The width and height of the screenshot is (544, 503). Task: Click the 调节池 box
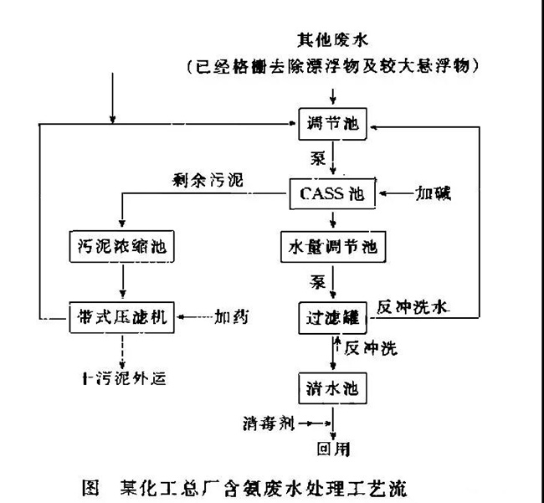[x=332, y=125]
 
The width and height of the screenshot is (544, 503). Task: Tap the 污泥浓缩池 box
[x=123, y=246]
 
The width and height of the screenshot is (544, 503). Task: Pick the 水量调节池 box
[x=332, y=247]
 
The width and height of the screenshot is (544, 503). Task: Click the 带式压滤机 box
[x=123, y=317]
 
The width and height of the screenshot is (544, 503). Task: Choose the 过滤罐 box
[x=332, y=317]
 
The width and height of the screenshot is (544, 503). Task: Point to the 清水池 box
[x=332, y=387]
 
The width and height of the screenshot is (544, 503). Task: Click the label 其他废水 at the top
[x=332, y=38]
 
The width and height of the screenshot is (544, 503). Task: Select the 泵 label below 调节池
[x=318, y=157]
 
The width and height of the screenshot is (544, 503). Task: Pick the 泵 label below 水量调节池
[x=318, y=281]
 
